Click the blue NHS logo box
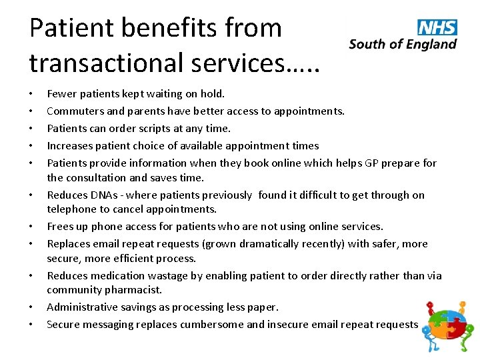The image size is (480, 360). tap(437, 27)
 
